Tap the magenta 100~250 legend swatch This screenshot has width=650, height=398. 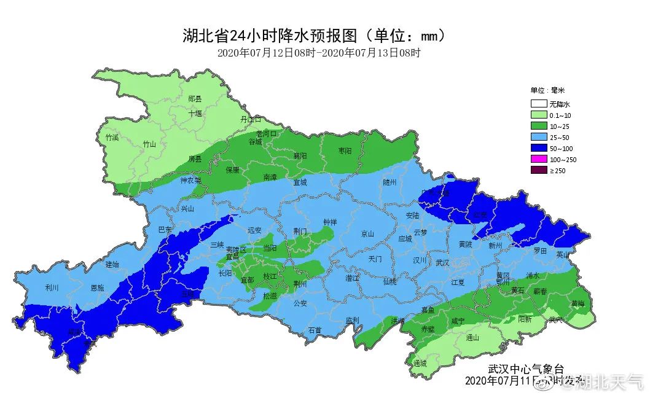coord(539,160)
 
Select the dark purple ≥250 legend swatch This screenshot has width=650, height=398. coord(539,170)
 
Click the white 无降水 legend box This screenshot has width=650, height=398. coord(539,104)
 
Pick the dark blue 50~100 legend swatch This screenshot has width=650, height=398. coord(539,149)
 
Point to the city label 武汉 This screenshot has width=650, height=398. coord(442,262)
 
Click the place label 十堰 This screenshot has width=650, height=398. coord(195,113)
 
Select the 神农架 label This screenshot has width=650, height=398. coord(190,181)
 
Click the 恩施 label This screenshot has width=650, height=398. coord(97,287)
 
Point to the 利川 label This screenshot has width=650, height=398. coord(52,287)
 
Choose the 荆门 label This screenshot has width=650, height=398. coord(300,231)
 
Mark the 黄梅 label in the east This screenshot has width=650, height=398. coord(578,303)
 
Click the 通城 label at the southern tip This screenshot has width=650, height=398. coord(420,363)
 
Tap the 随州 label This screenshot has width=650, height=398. coord(390,182)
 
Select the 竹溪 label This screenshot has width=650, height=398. coord(112,137)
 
